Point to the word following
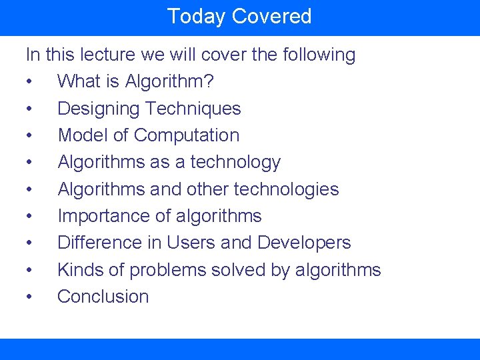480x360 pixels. (319, 55)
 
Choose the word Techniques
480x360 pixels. (193, 109)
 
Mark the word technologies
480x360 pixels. (285, 189)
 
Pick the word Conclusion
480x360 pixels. (103, 297)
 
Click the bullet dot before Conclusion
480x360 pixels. (29, 297)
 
